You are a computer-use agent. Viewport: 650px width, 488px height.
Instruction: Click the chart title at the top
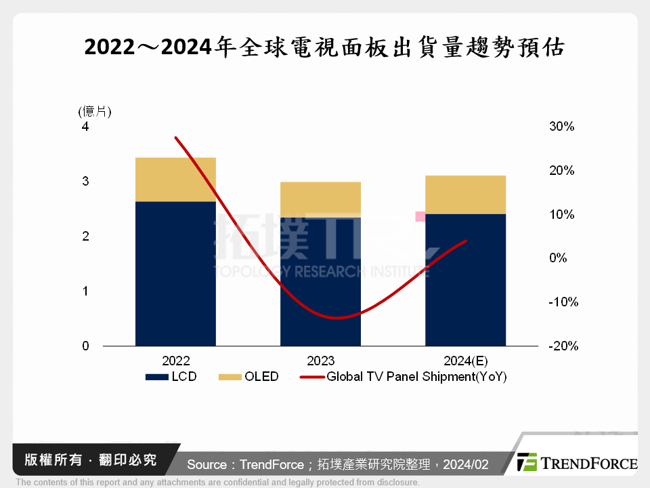[324, 48]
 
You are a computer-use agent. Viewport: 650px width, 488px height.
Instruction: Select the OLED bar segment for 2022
[175, 180]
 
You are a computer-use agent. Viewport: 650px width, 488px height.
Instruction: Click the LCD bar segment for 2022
[175, 274]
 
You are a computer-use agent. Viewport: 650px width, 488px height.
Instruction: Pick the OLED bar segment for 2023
[320, 199]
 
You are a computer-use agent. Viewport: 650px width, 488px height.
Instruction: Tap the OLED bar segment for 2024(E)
[465, 195]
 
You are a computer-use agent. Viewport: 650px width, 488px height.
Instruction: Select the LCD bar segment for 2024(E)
[465, 280]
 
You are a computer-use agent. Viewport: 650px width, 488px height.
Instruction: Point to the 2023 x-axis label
[320, 361]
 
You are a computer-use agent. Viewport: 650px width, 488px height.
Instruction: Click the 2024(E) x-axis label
[465, 361]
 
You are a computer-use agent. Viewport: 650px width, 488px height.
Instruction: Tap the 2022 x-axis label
[175, 361]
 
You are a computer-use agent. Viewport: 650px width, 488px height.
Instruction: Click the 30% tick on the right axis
[561, 127]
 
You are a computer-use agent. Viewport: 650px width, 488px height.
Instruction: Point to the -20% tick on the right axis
[563, 346]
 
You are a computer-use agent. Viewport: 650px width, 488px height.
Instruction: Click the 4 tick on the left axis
[85, 127]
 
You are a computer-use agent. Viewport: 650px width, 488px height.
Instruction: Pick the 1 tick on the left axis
[85, 291]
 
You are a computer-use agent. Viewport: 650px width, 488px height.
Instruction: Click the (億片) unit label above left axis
[95, 111]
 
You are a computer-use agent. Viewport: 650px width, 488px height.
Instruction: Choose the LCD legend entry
[171, 377]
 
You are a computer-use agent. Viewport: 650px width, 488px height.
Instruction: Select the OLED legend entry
[249, 377]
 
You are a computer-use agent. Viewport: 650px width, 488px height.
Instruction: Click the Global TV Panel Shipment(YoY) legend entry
[404, 377]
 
